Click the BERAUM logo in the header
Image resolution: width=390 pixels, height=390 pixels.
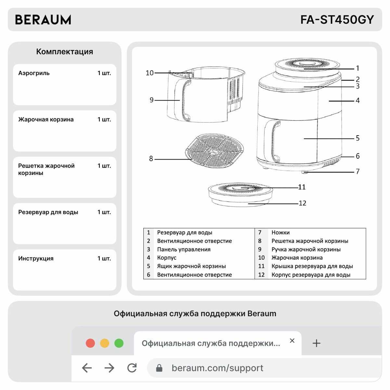(x=43, y=20)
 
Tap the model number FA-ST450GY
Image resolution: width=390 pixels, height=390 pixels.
(x=337, y=20)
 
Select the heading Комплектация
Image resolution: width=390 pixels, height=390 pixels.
(x=64, y=52)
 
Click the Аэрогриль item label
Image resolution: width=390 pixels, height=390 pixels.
(x=34, y=73)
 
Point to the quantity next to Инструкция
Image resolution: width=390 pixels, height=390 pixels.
(x=104, y=259)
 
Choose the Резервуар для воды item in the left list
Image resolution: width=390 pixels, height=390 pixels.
(x=48, y=212)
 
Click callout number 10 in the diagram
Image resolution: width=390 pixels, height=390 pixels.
(x=149, y=73)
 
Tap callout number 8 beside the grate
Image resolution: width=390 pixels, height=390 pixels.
(x=151, y=159)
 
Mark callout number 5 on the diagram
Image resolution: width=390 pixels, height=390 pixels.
(x=357, y=138)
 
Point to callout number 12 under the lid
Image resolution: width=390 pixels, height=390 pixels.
(x=302, y=203)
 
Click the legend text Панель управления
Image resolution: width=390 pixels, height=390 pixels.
(x=184, y=250)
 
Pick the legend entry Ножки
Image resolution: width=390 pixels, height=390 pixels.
(x=280, y=233)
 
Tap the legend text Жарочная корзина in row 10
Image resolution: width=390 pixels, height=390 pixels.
(x=297, y=258)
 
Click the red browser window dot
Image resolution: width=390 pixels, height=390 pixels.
(x=90, y=343)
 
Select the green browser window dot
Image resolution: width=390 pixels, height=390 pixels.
(x=119, y=343)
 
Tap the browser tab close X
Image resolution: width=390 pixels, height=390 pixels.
(x=292, y=341)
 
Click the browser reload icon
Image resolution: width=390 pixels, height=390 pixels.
(x=132, y=368)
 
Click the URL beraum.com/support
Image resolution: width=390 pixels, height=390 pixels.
(x=217, y=368)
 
